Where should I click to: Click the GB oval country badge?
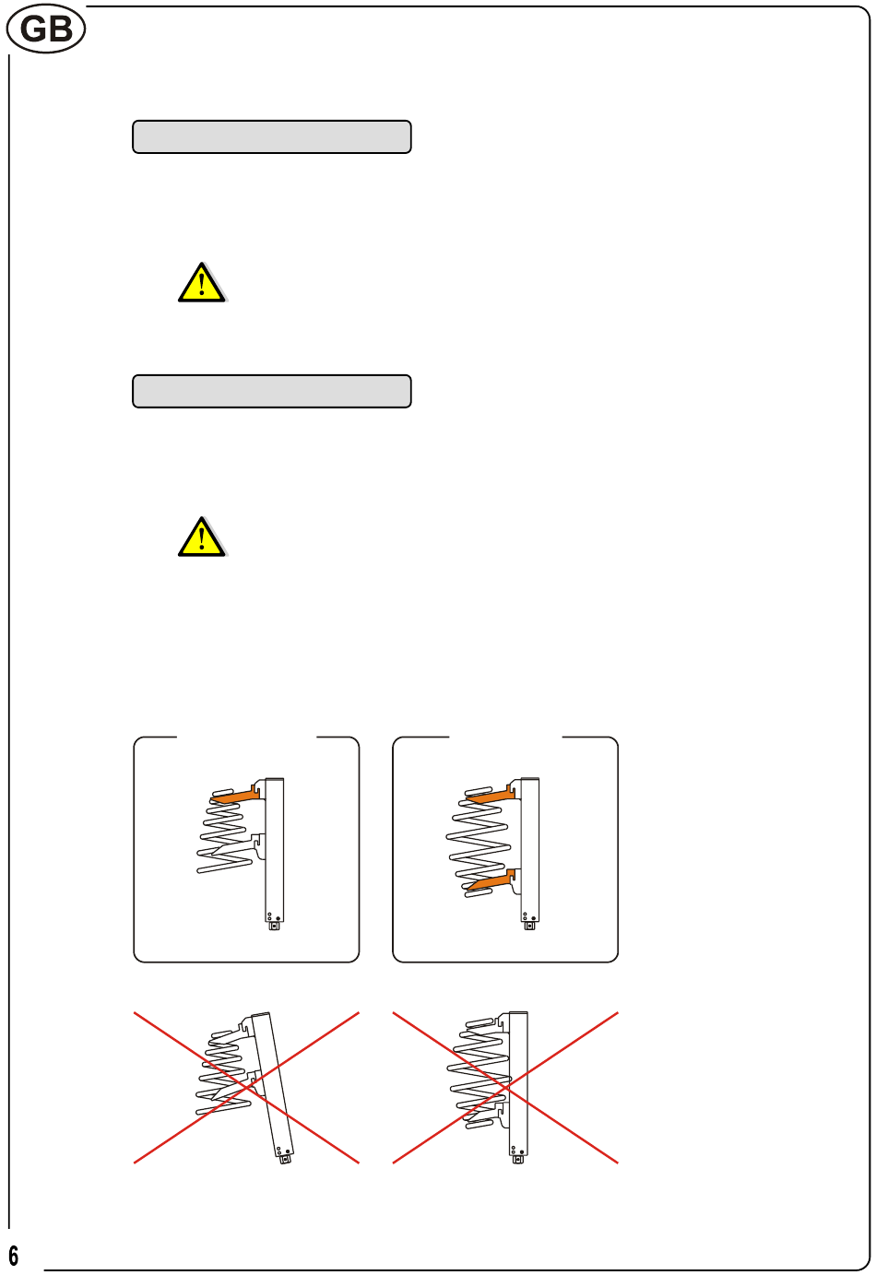pos(46,29)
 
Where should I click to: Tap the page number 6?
pos(13,1255)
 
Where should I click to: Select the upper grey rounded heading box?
pos(271,136)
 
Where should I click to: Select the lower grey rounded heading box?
pos(271,391)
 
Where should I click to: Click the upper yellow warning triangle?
pos(202,282)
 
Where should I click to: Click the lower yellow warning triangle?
pos(202,537)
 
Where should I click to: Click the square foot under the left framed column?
pos(275,927)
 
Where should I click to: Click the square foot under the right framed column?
pos(530,927)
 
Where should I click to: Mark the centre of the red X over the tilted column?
pos(246,1088)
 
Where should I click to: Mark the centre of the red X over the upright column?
pos(505,1088)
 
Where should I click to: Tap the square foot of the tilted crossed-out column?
pos(286,1160)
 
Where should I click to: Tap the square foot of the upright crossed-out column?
pos(518,1160)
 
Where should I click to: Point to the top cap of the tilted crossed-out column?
pos(261,1015)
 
